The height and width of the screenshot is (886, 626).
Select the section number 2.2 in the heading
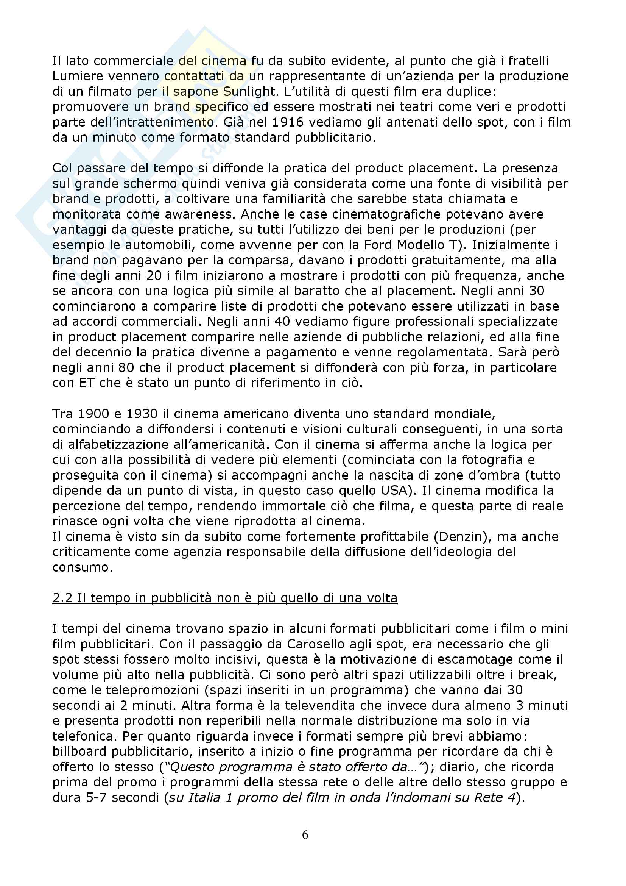[63, 598]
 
